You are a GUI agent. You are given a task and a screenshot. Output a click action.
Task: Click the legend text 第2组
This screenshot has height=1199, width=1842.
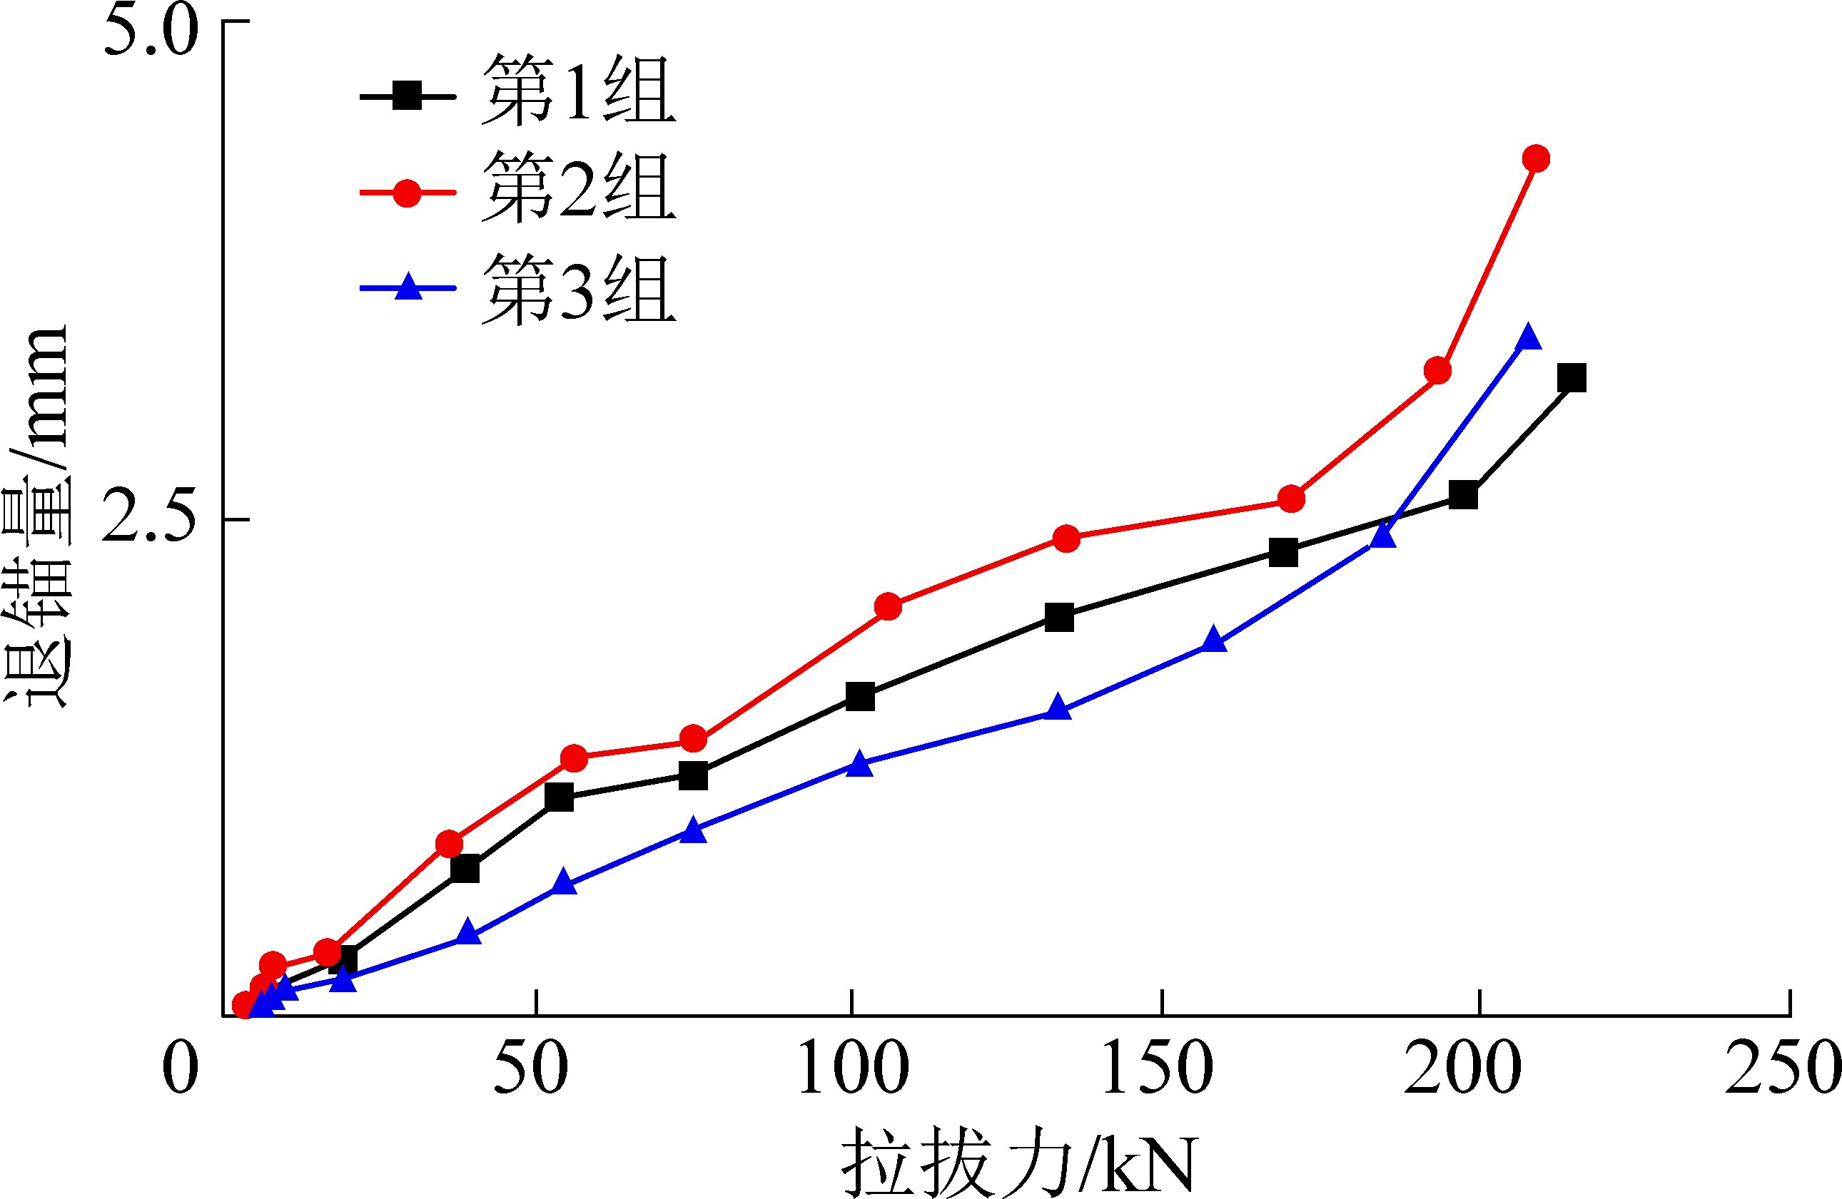[x=577, y=187]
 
